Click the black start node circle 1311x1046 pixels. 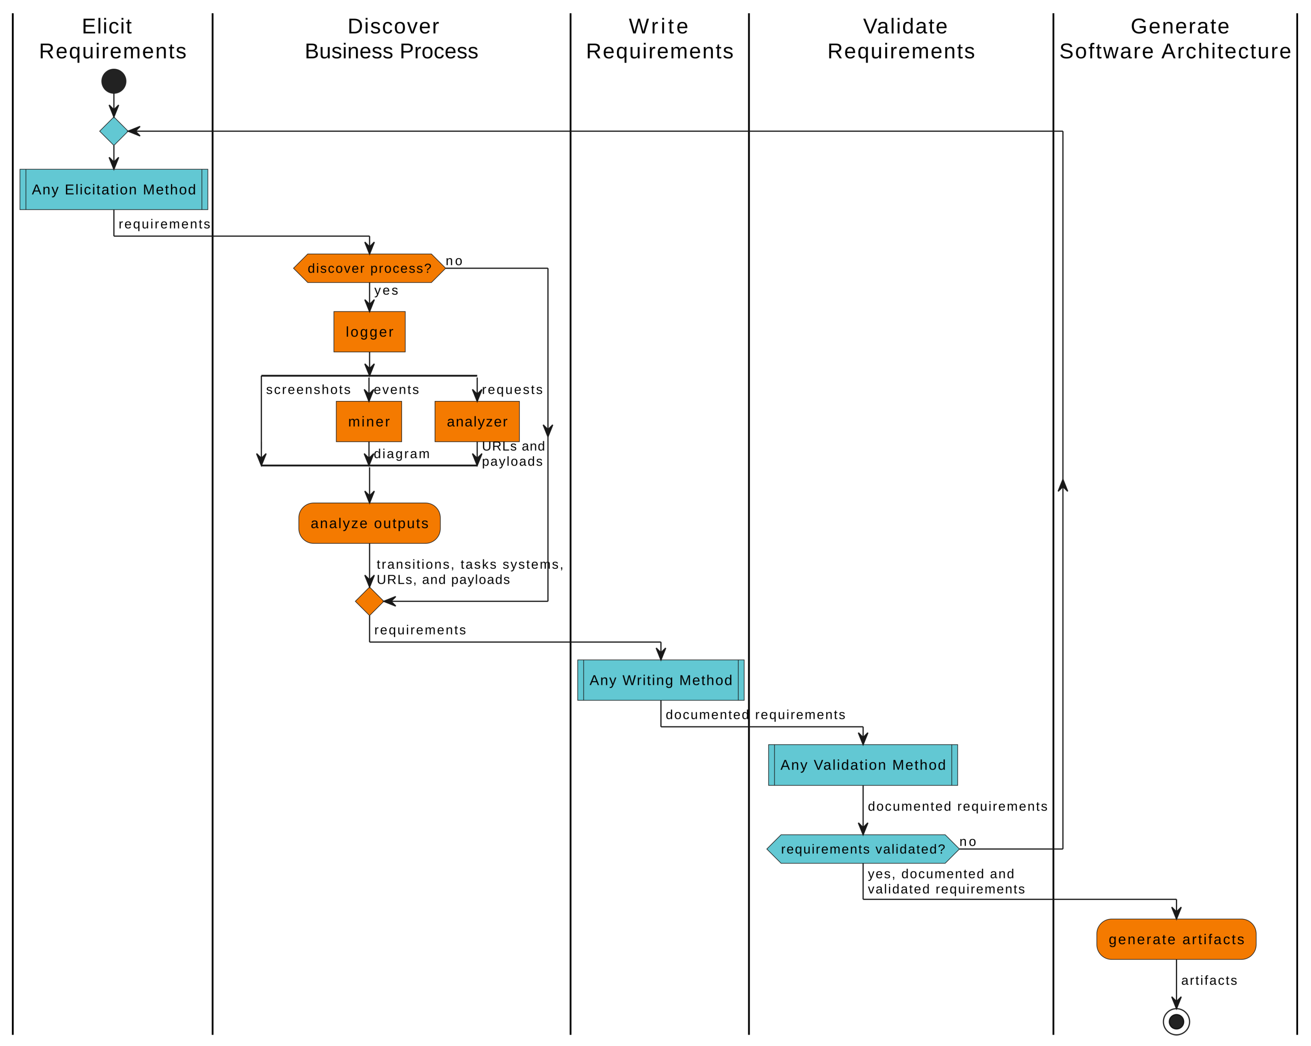click(114, 81)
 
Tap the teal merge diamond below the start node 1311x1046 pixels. click(114, 131)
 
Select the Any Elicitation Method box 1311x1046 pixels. click(114, 189)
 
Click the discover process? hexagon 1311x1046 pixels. click(369, 268)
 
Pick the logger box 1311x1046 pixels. click(369, 332)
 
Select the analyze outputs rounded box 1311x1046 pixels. click(369, 523)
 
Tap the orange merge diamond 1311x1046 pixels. click(369, 601)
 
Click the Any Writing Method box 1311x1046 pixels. click(660, 680)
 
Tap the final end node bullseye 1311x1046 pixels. click(1176, 1021)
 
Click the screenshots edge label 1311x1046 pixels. click(308, 389)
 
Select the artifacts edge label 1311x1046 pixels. click(1209, 980)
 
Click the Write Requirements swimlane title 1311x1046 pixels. click(659, 38)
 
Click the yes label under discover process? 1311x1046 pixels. click(386, 291)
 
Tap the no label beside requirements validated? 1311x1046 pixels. click(967, 842)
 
